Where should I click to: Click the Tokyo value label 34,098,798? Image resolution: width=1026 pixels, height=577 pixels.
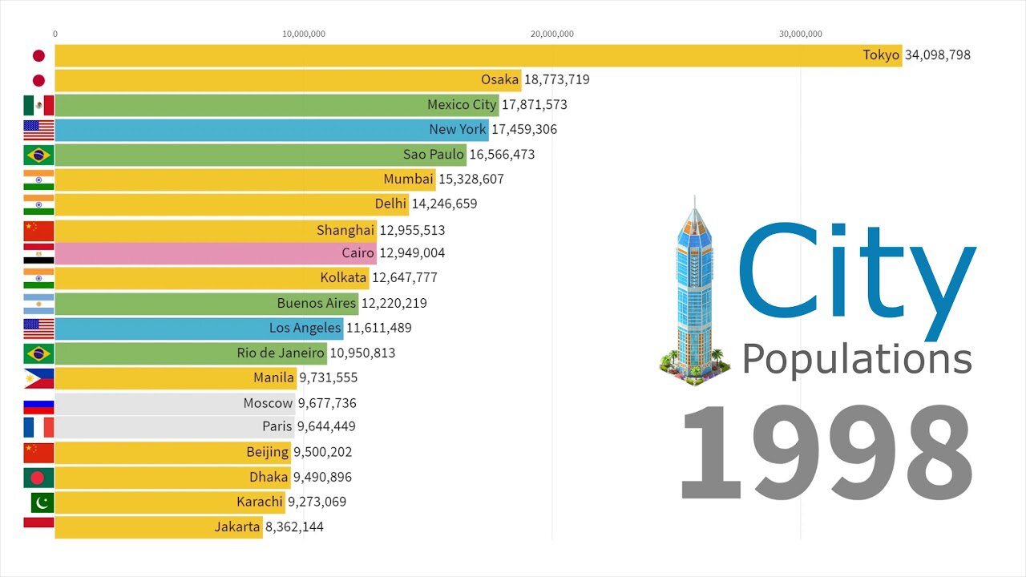click(937, 55)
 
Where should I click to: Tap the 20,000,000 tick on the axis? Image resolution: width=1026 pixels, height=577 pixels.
click(551, 34)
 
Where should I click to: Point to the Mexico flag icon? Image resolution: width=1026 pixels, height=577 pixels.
click(38, 105)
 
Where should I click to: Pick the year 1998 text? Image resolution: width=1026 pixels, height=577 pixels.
click(826, 454)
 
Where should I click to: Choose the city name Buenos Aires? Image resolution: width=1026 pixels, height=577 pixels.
click(317, 303)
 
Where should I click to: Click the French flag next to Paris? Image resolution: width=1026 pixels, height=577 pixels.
click(38, 427)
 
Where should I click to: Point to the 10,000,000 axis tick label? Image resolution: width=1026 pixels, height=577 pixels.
click(303, 34)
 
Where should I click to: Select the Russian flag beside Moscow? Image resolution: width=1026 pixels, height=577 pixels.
click(38, 404)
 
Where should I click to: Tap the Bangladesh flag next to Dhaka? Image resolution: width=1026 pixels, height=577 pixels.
click(38, 478)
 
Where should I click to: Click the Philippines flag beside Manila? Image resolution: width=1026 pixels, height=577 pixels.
click(38, 378)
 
